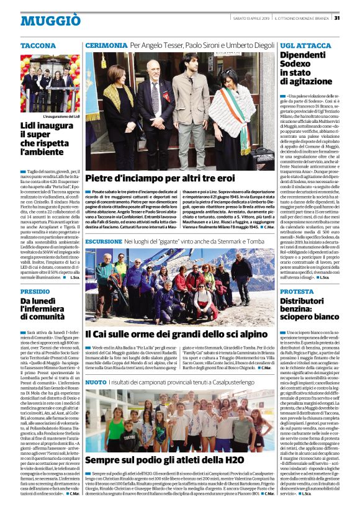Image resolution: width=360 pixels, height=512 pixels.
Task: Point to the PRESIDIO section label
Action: (x=35, y=291)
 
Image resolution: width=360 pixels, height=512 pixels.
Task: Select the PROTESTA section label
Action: (x=297, y=291)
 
